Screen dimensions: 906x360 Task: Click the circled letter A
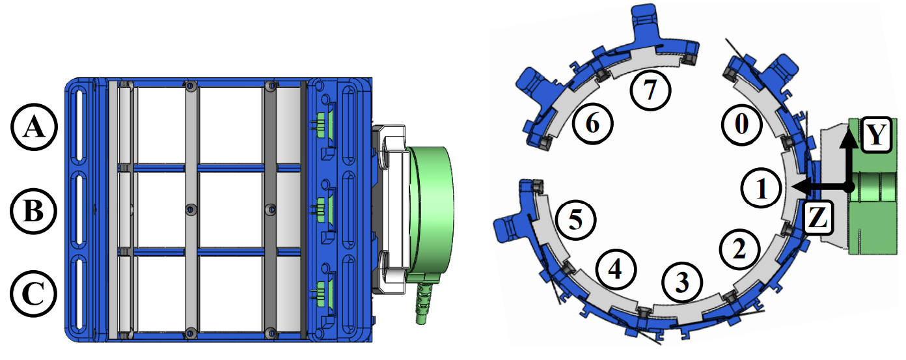click(34, 127)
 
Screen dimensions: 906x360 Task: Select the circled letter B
click(33, 211)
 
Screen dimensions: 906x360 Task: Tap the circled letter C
click(33, 294)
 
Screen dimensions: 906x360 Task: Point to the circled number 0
click(741, 124)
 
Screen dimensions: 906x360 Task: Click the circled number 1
click(762, 187)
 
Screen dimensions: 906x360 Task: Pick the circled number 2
click(740, 249)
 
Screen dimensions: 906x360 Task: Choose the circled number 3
click(682, 282)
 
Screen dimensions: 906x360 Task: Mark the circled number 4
click(616, 269)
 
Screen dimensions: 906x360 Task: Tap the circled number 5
click(575, 220)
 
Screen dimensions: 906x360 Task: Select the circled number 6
click(592, 123)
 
